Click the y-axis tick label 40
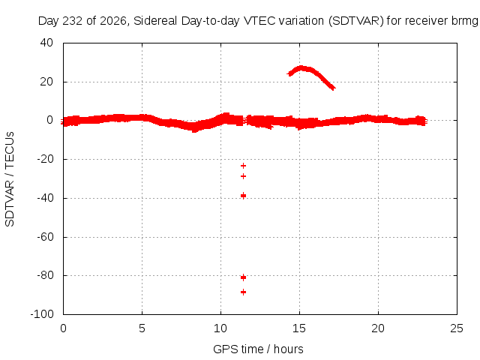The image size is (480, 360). (46, 43)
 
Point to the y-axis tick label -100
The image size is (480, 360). (42, 314)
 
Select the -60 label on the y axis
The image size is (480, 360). (45, 237)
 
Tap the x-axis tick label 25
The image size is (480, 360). (457, 328)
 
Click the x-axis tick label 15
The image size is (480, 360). (299, 328)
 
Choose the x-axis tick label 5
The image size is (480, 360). (142, 328)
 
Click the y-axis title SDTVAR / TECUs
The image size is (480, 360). (10, 179)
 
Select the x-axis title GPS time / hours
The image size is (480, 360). (258, 349)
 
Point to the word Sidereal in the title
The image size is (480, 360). (155, 21)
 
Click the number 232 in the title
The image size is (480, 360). (73, 21)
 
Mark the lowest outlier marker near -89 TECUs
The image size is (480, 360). (243, 292)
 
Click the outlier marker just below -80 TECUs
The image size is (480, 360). (243, 277)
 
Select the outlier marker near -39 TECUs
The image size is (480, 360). (243, 196)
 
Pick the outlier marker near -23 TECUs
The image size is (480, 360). (243, 166)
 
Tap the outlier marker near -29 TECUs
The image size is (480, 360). (243, 176)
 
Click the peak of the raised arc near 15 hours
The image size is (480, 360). (301, 67)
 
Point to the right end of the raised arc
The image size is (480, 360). (334, 88)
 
